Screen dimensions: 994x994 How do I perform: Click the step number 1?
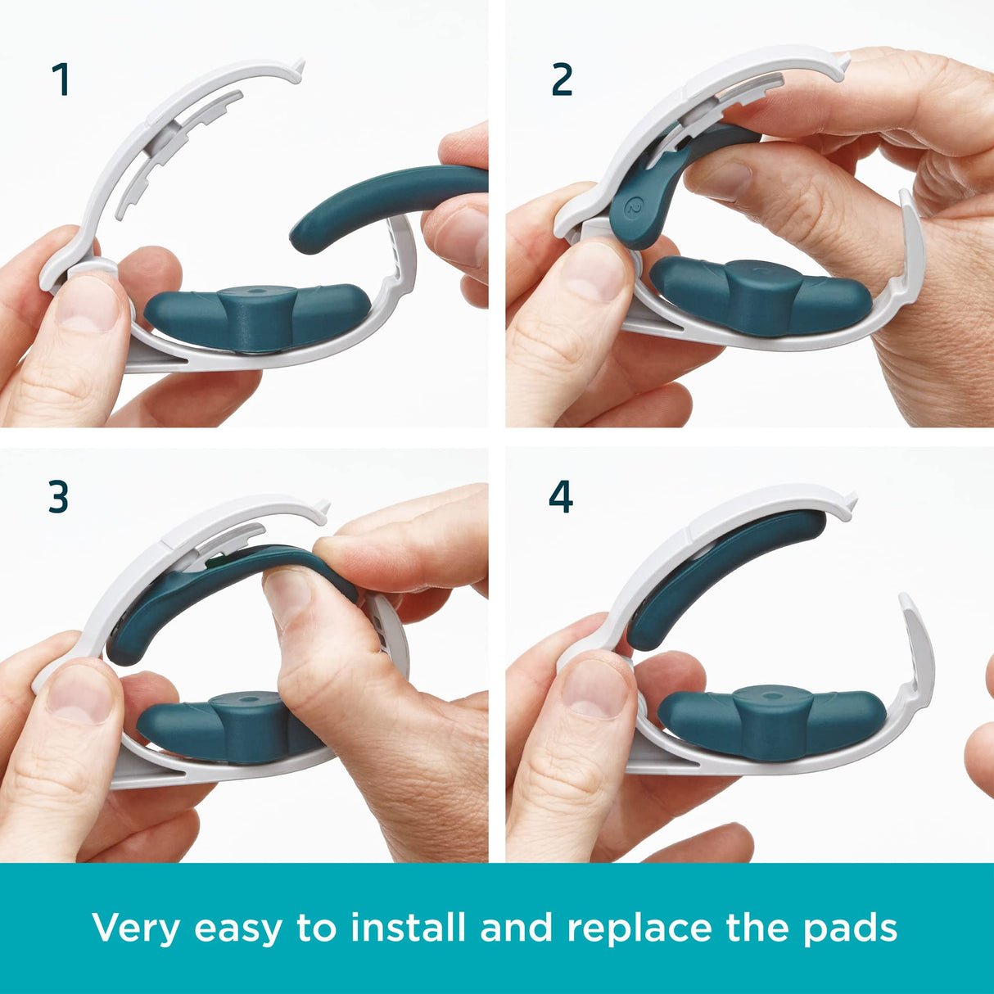click(61, 80)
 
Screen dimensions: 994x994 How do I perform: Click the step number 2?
click(562, 80)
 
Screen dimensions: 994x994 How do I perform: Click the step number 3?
click(58, 497)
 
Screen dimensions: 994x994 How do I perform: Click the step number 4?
click(560, 497)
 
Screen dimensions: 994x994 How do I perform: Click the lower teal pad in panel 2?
click(761, 295)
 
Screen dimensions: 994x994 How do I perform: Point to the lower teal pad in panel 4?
click(770, 721)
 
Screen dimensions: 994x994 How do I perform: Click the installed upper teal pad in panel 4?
click(729, 573)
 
